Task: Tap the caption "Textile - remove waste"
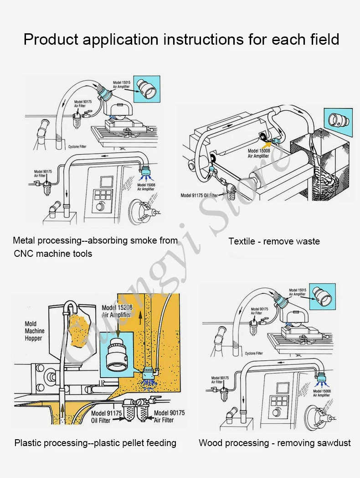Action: click(274, 241)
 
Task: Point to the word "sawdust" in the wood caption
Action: click(334, 443)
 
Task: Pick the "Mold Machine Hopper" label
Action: click(34, 331)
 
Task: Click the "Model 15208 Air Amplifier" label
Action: click(116, 311)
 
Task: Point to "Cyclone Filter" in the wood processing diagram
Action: click(254, 353)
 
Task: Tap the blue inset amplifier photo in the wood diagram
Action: click(323, 297)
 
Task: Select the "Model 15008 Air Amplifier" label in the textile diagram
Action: click(259, 153)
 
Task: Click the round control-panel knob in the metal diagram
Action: click(99, 207)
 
